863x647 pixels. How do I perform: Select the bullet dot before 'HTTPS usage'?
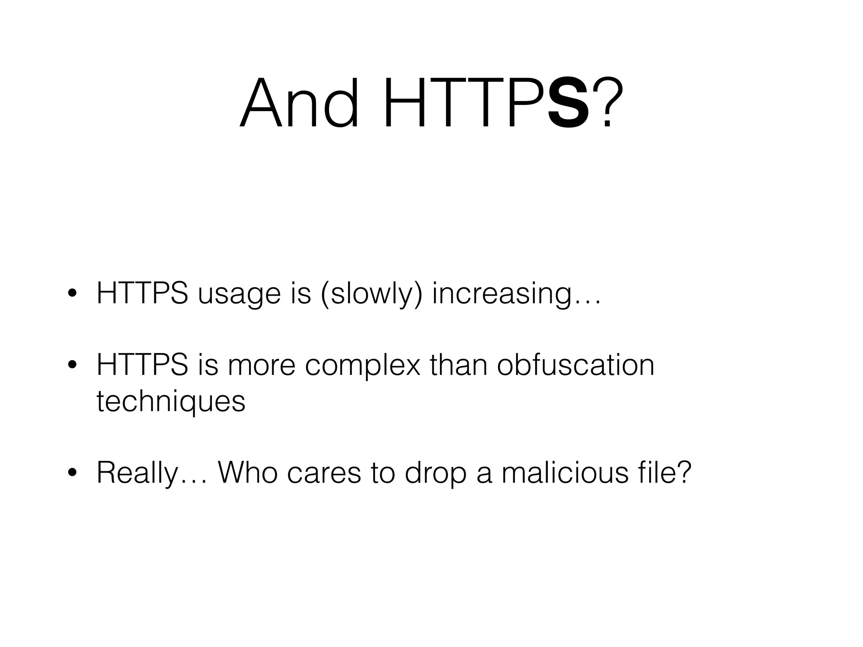click(x=72, y=294)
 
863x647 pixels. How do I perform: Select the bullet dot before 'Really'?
click(x=72, y=473)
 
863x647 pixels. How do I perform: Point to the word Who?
click(x=248, y=473)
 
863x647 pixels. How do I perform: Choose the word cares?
click(x=324, y=473)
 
